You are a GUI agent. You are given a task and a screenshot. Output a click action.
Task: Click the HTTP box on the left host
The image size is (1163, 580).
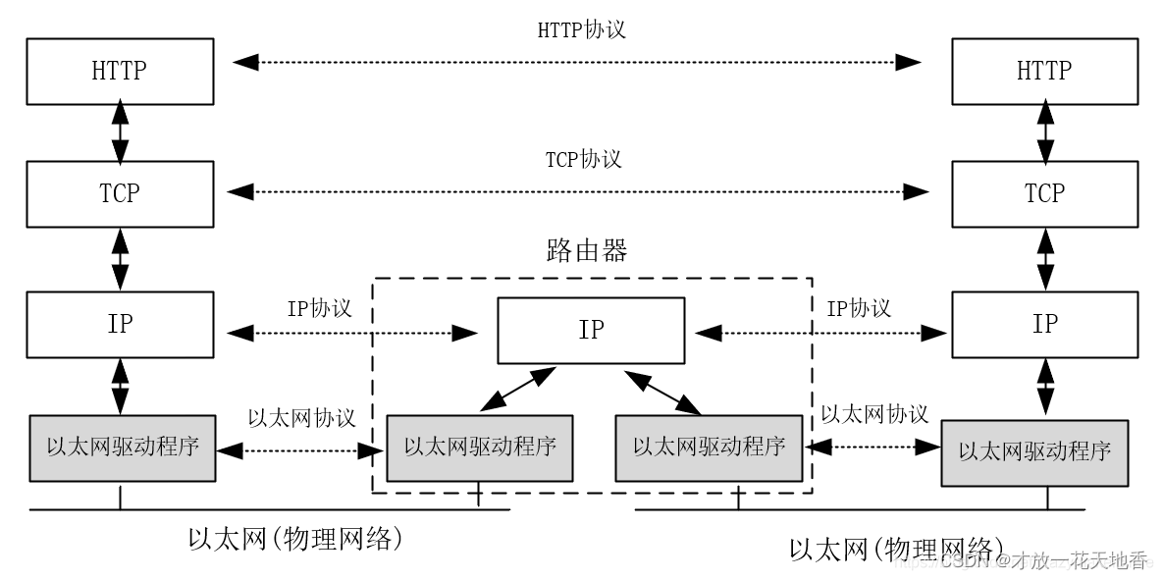coord(121,72)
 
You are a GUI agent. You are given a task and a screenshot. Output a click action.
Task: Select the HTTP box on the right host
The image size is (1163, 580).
coord(1044,72)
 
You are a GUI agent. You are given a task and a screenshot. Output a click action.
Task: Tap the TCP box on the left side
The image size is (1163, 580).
coord(121,194)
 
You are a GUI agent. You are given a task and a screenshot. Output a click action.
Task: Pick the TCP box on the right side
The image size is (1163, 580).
coord(1044,194)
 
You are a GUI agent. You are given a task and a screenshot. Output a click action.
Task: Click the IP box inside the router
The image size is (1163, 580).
coord(591,331)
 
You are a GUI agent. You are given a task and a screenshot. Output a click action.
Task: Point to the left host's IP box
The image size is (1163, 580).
coord(121,324)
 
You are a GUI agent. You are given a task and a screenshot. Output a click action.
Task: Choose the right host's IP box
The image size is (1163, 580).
coord(1044,324)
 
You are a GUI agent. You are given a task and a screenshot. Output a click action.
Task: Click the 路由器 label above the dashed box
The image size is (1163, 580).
coord(587,251)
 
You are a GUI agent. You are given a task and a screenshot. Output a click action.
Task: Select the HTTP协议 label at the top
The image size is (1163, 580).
coord(581,29)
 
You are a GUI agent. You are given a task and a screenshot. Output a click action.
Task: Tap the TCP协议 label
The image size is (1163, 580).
coord(583,159)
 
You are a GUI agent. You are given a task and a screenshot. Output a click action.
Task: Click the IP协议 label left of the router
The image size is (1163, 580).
coord(319,308)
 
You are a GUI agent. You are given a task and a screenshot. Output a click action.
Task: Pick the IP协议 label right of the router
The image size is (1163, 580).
coord(859,308)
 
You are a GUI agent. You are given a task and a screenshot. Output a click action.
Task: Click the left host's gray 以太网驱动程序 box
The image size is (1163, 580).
coord(123,448)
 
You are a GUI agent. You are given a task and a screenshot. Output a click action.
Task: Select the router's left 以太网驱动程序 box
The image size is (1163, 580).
coord(480,448)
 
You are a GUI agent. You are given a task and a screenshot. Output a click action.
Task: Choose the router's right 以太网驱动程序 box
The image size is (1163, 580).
coord(709,448)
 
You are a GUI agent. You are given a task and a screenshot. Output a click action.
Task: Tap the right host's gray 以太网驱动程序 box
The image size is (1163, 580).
coord(1034,451)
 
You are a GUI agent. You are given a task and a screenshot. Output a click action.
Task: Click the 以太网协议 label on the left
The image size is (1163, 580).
coord(301,417)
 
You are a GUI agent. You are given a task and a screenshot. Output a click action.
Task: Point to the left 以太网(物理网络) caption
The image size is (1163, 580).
coord(296,539)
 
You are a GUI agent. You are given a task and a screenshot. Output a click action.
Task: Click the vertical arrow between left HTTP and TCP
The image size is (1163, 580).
coord(121,132)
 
